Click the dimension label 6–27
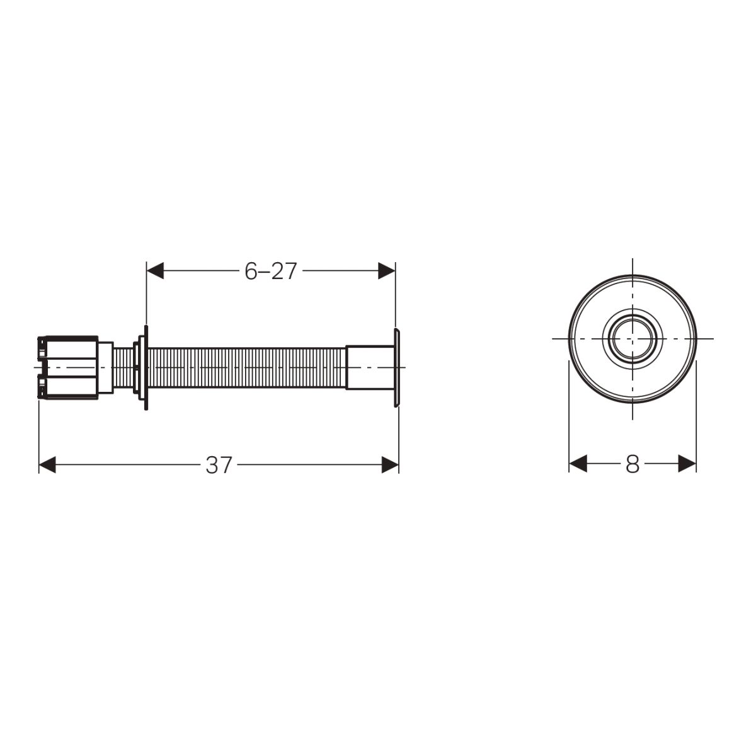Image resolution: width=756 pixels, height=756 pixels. (270, 271)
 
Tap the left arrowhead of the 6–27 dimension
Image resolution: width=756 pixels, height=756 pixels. (155, 271)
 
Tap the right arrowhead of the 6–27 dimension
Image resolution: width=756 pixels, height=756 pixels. (386, 271)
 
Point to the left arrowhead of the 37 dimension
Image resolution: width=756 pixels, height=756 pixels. (47, 465)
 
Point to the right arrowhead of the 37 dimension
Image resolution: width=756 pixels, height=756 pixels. (390, 465)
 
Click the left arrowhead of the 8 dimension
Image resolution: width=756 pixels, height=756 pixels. (578, 463)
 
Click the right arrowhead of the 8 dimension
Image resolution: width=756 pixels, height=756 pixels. (687, 463)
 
